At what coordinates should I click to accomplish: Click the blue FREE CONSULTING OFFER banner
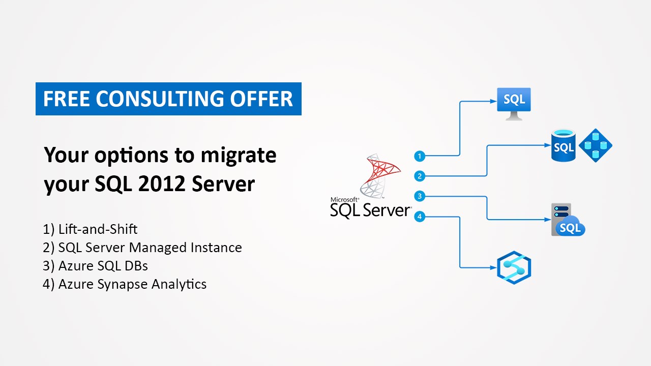[168, 99]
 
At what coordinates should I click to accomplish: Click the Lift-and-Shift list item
[90, 229]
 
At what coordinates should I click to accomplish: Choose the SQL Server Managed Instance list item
[142, 248]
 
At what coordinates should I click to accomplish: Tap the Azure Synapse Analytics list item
[125, 284]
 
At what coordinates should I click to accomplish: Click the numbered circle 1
[419, 156]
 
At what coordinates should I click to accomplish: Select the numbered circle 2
[419, 176]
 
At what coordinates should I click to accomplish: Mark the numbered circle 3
[419, 196]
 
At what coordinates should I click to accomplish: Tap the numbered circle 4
[419, 217]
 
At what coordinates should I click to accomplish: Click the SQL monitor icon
[514, 103]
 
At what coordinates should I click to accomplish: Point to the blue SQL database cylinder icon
[563, 146]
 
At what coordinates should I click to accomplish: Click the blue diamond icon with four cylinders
[595, 145]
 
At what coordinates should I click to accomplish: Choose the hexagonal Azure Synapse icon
[514, 267]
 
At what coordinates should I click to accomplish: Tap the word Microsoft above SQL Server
[345, 200]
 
